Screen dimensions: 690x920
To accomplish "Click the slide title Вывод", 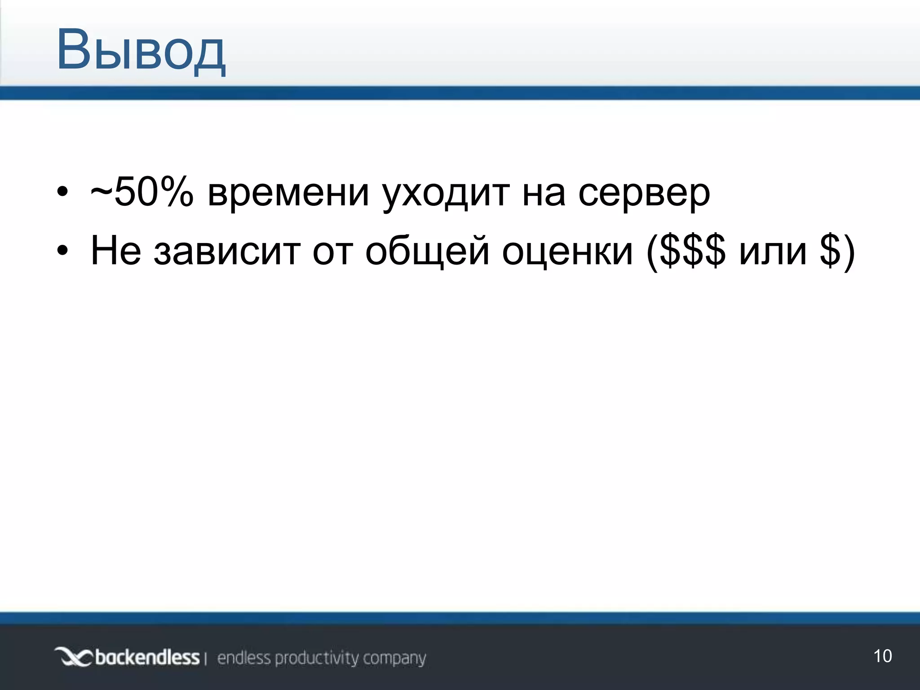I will tap(141, 50).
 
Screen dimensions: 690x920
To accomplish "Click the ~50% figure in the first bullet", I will tap(142, 193).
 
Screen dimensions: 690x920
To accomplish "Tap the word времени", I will tap(288, 194).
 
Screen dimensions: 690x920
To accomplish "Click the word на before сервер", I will tap(544, 194).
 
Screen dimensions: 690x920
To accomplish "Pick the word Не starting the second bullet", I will tap(116, 250).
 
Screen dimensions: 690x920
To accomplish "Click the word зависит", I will tap(227, 251).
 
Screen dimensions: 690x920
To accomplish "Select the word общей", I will tap(427, 250).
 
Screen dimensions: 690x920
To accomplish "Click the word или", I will tap(773, 251).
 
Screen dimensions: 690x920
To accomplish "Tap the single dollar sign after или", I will tap(830, 251).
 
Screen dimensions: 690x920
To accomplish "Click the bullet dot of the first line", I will tap(62, 194).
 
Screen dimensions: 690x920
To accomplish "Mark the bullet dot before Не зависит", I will tap(62, 251).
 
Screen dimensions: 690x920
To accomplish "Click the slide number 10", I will tap(882, 656).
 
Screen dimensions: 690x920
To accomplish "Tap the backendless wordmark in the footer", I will tap(147, 658).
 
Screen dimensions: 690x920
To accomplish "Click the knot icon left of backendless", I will tap(73, 658).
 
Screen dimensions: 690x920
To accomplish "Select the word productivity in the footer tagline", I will tap(317, 659).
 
